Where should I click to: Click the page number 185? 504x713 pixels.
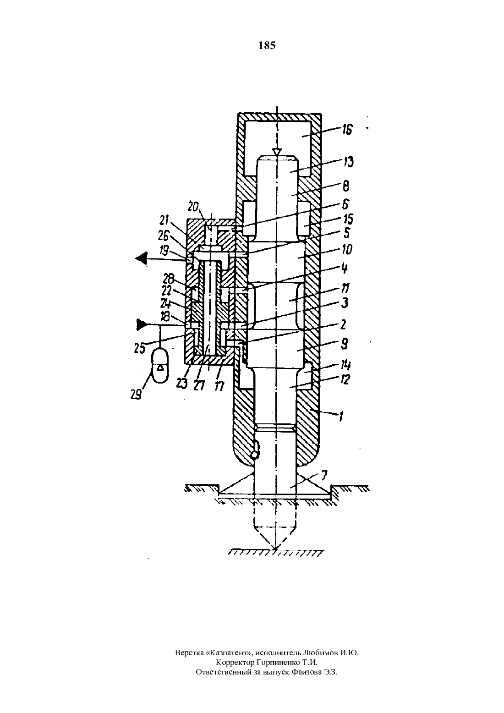[x=267, y=46]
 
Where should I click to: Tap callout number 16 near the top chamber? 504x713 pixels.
[x=347, y=130]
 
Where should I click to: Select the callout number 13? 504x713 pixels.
[x=348, y=162]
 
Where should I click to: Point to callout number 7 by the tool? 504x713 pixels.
[x=324, y=475]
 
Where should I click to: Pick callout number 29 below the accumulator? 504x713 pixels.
[x=136, y=395]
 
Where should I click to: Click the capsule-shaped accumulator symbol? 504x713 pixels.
[x=160, y=365]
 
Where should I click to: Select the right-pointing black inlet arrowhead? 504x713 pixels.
[x=142, y=325]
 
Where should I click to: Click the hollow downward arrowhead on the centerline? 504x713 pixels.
[x=278, y=152]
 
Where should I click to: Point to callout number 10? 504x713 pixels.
[x=347, y=249]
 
